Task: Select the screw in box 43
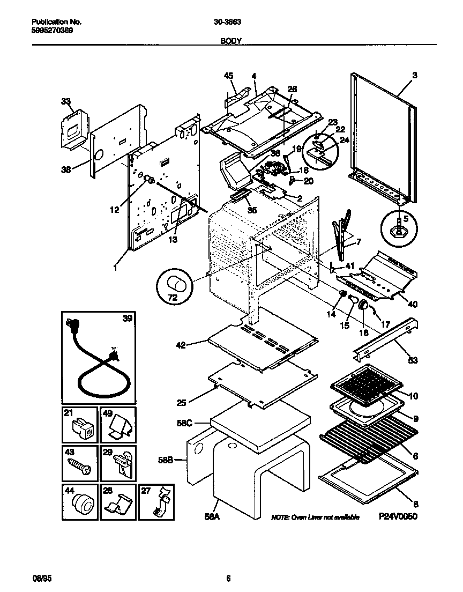[78, 466]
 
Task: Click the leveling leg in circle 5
[399, 228]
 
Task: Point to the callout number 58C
[199, 423]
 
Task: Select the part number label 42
[181, 345]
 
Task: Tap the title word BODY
[231, 40]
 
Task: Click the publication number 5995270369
[53, 31]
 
